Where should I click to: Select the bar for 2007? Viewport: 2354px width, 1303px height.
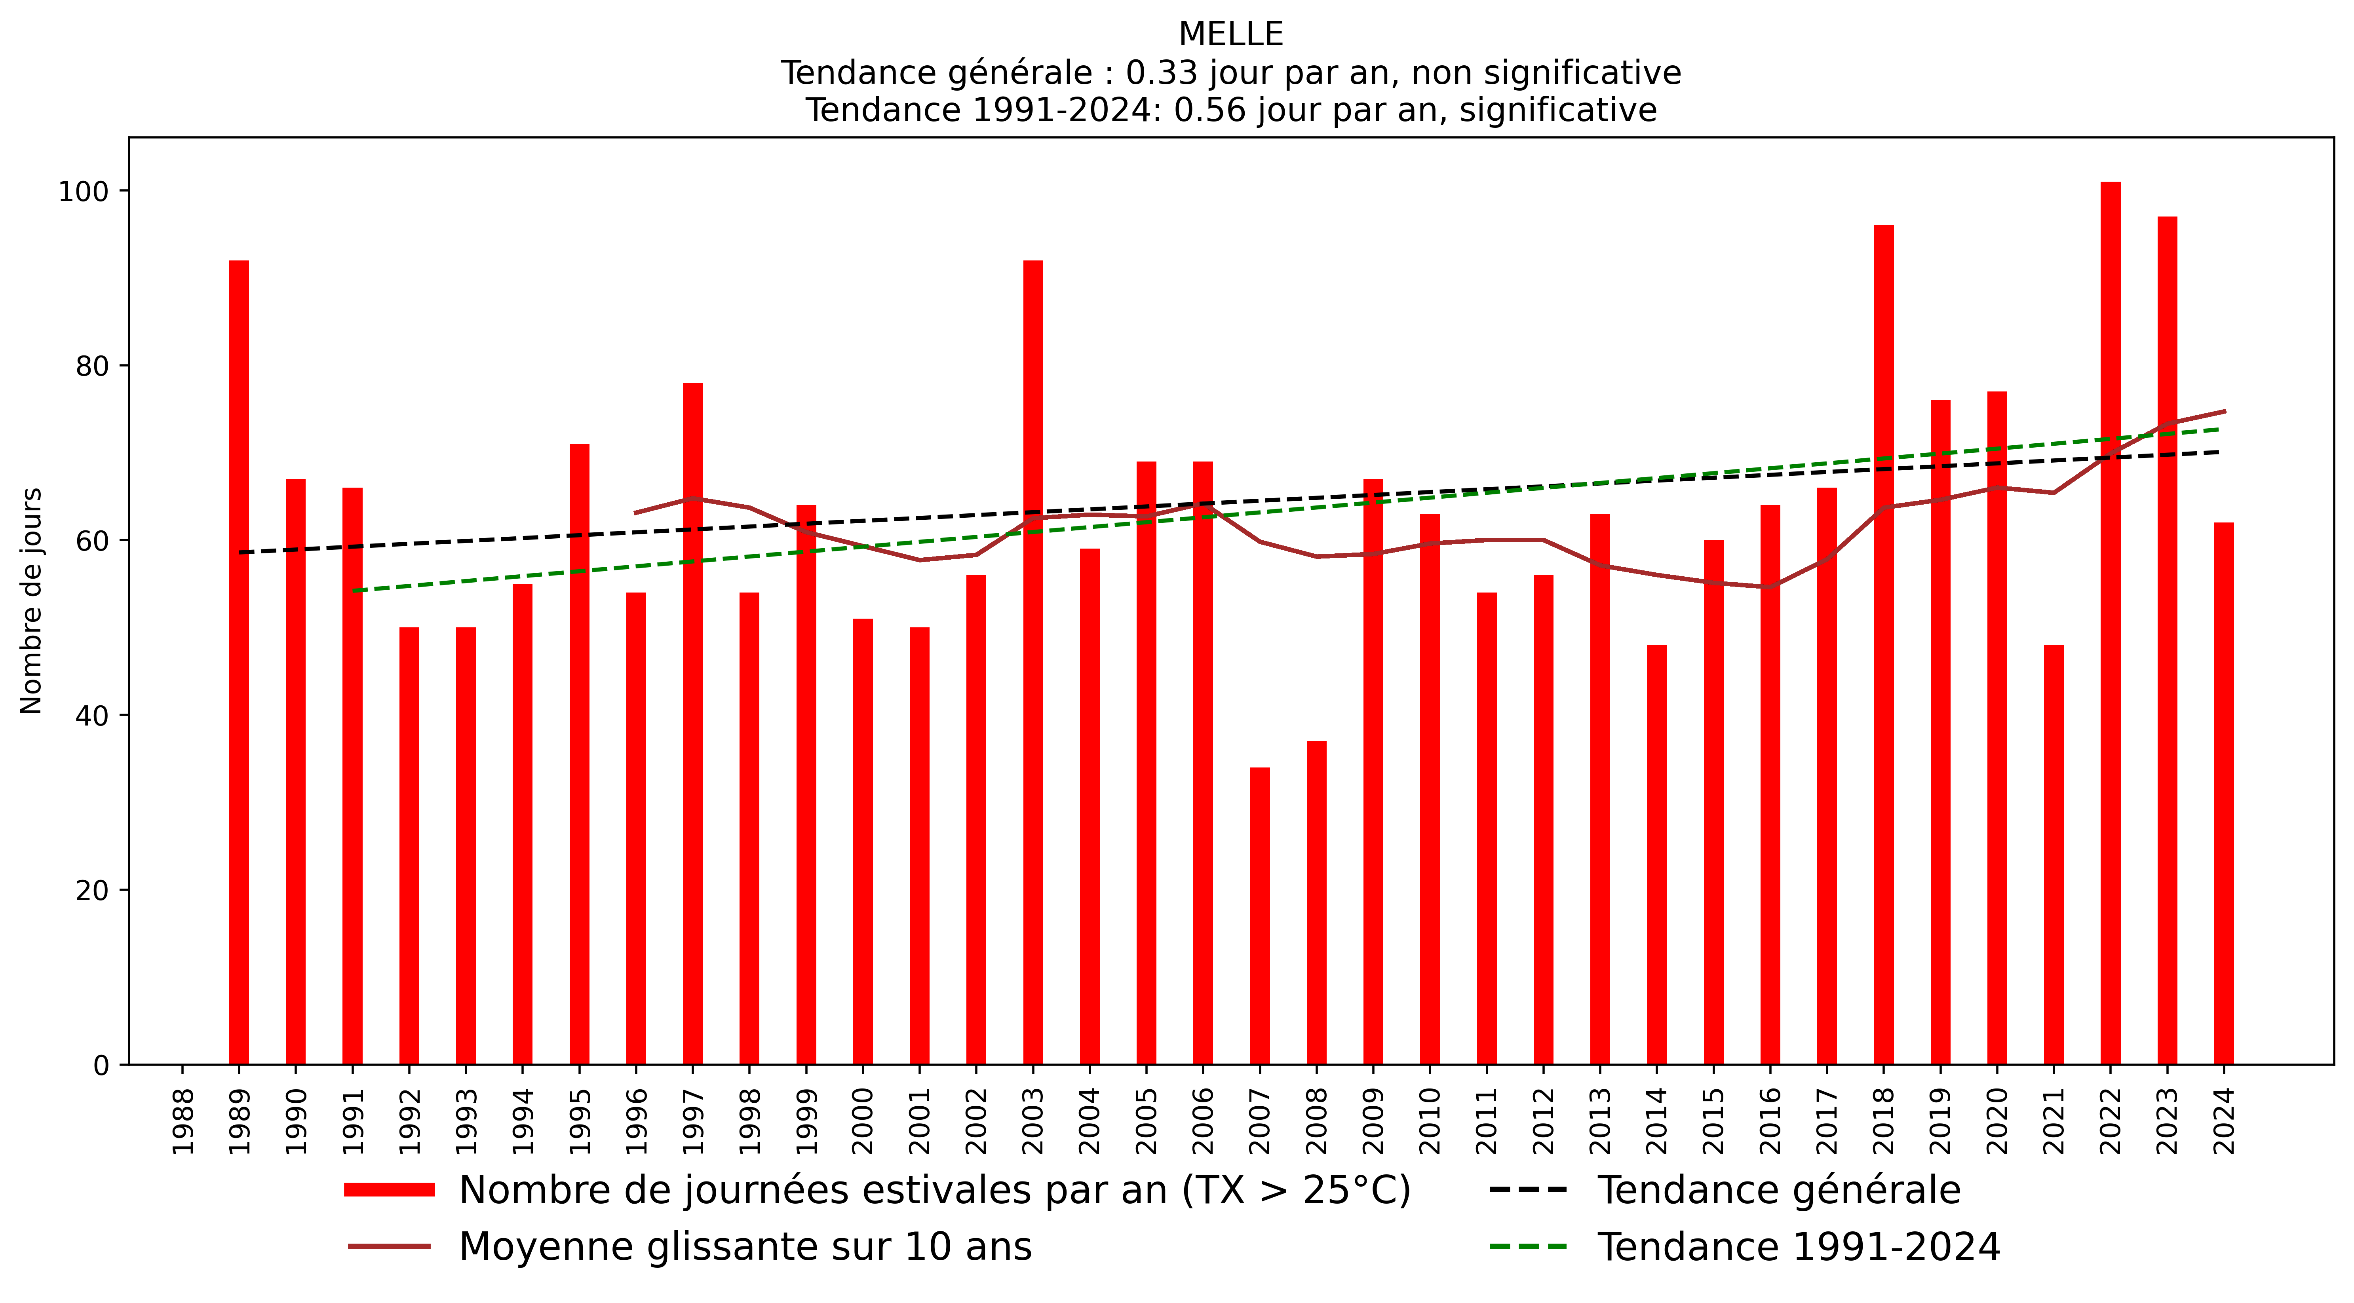[1259, 914]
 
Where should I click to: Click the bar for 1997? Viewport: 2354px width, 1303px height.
[693, 722]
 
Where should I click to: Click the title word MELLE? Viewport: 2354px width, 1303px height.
[1230, 35]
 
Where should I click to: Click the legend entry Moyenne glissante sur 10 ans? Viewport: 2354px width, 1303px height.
[745, 1246]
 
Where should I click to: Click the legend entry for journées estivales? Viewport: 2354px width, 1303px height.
[934, 1190]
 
